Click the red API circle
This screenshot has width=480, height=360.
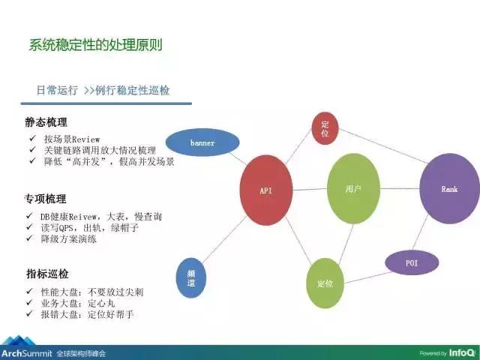tap(265, 190)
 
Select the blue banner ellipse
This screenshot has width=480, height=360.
tap(202, 142)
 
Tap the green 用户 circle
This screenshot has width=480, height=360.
tap(353, 189)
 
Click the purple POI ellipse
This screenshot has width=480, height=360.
tap(411, 263)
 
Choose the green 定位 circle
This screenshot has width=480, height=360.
tap(325, 283)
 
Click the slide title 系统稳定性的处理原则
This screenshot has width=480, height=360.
tap(95, 44)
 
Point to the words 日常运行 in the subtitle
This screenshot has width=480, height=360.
tap(57, 90)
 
